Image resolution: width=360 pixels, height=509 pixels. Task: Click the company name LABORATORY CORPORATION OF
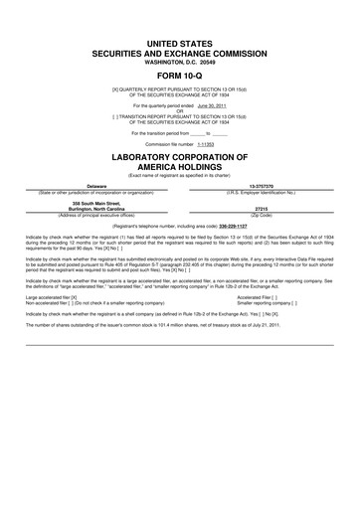coord(179,159)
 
